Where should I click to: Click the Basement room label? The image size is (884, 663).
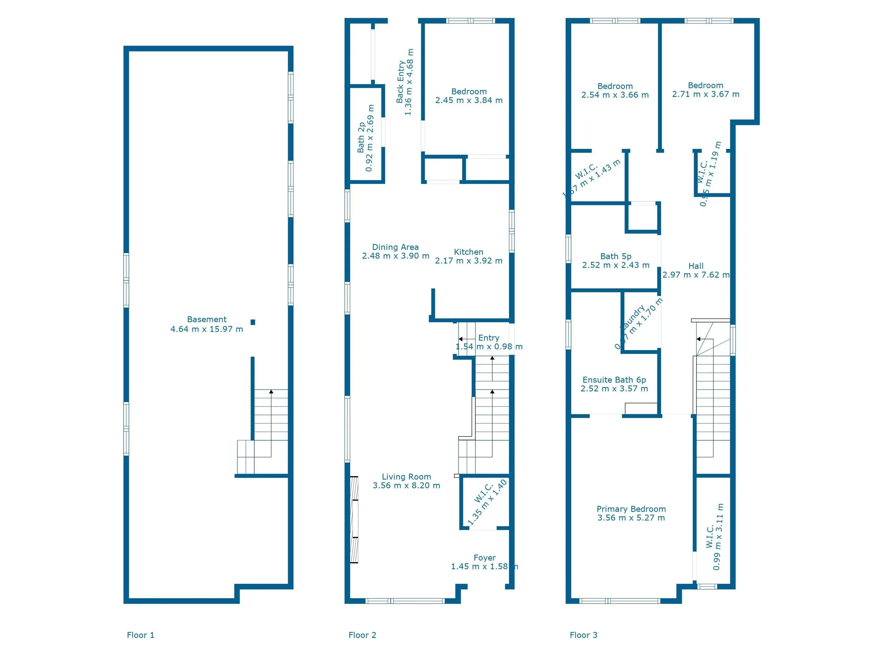[x=207, y=319]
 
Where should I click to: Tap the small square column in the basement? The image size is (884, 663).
[x=252, y=322]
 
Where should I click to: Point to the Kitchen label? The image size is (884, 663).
[x=468, y=252]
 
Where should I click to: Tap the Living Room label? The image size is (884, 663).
[x=406, y=477]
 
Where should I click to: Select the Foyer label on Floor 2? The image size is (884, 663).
[x=484, y=558]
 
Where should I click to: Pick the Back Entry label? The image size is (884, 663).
[x=400, y=82]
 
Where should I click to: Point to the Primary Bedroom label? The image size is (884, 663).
[x=631, y=509]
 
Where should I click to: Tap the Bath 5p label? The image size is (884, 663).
[x=615, y=256]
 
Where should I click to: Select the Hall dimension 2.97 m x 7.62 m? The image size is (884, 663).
[x=696, y=275]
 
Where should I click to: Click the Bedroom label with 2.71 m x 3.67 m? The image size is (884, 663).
[x=705, y=85]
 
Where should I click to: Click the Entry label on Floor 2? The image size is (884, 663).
[x=488, y=338]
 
